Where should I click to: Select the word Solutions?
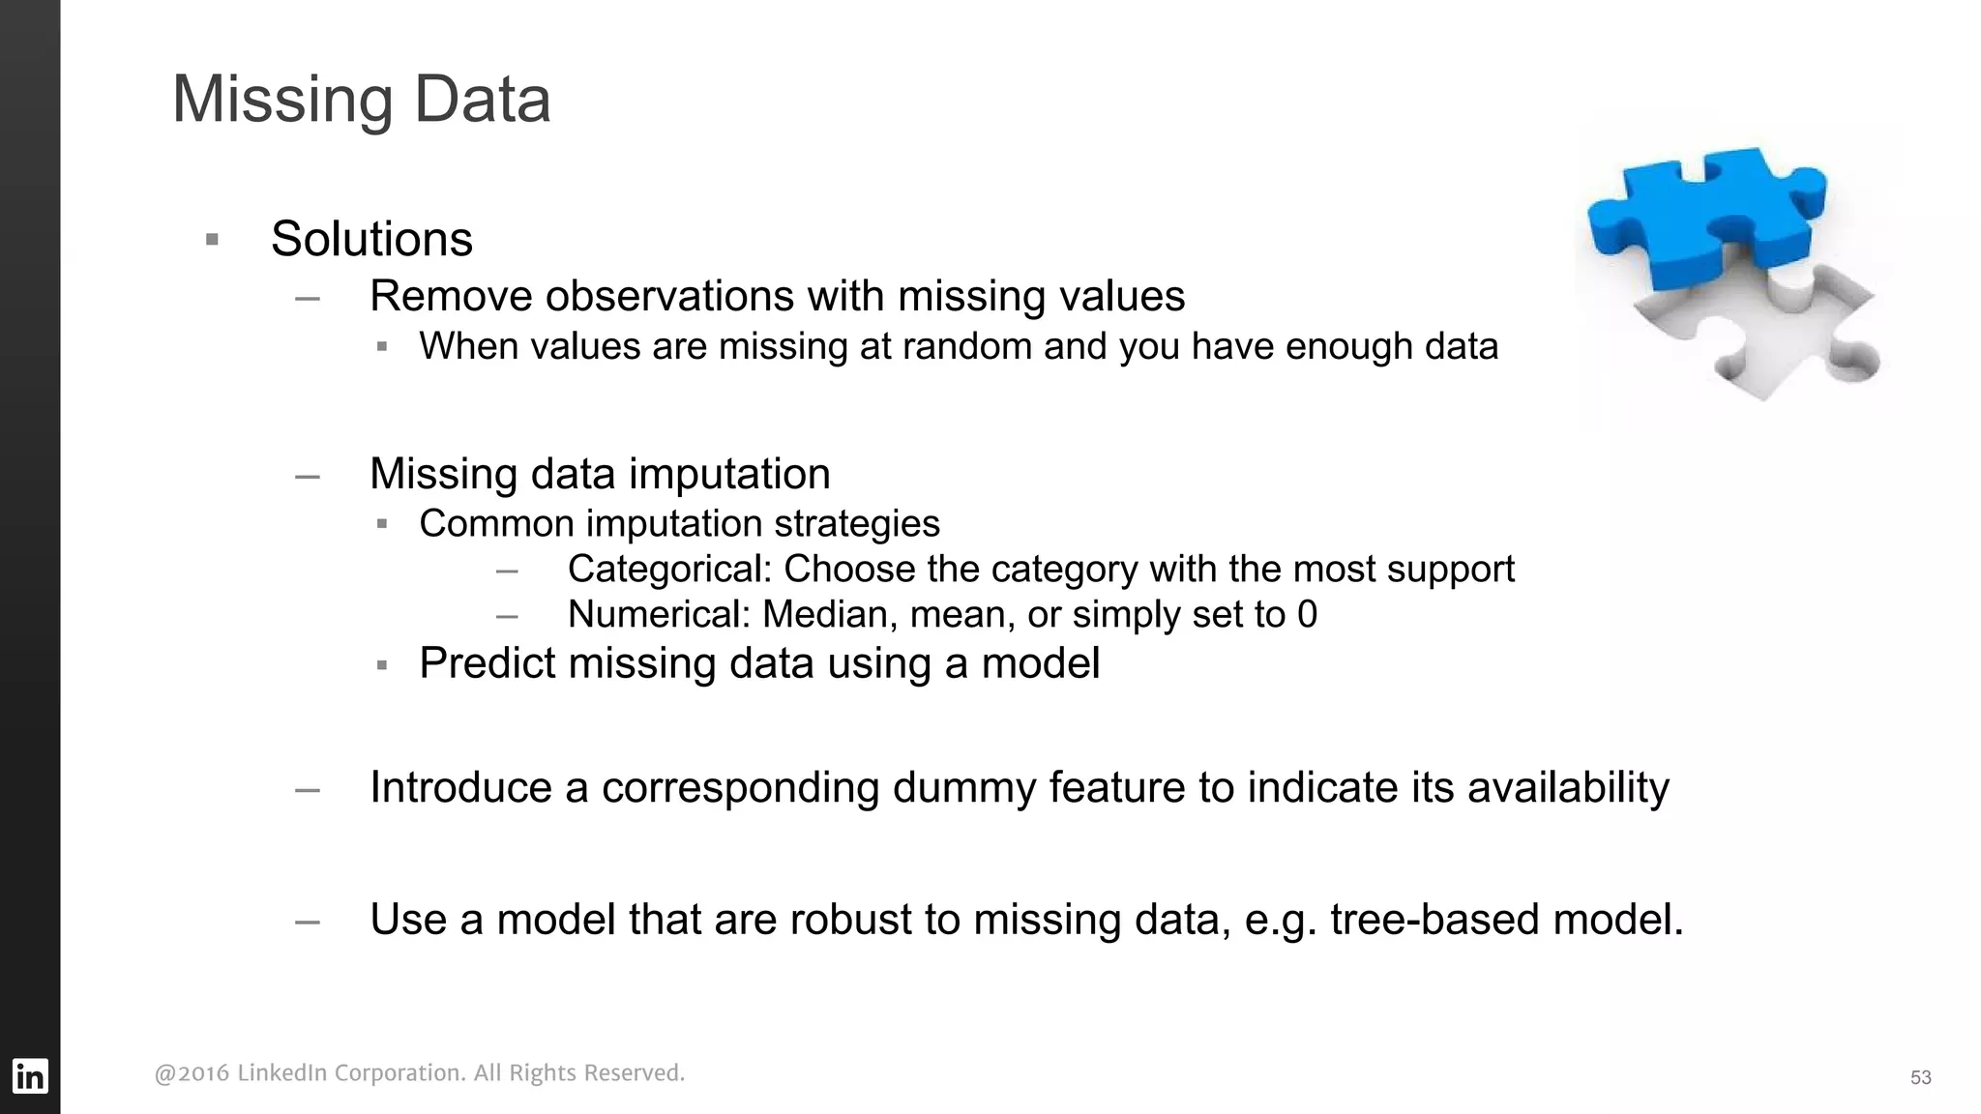(371, 239)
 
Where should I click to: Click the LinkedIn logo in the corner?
(29, 1075)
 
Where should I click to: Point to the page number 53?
(1920, 1077)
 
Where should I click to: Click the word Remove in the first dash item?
(451, 296)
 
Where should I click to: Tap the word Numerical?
(659, 615)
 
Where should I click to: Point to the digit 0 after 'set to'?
(1307, 615)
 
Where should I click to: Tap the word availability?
(1568, 787)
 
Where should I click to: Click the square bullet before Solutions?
(213, 240)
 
